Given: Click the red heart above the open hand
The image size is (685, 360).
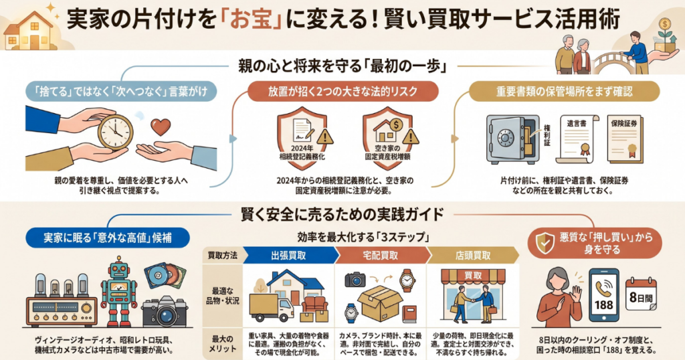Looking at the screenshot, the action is pos(161,126).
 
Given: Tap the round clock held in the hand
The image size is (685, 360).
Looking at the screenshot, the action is pos(115,132).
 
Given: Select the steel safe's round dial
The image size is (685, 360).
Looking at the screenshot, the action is pos(506,139).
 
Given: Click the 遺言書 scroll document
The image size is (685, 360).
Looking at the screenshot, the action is pos(577,139).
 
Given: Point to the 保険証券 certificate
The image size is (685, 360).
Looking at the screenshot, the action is pos(625,139).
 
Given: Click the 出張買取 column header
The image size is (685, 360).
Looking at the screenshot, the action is pos(289,256).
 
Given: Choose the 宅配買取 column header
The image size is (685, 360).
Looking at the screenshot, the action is pos(381,256).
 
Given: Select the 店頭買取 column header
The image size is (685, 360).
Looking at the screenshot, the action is pos(473,256).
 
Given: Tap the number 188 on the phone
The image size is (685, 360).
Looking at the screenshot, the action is pos(604,304).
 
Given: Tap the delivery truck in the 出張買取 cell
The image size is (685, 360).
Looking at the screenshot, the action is pos(272,308).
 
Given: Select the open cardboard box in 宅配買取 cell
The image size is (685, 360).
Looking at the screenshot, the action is pos(379,303).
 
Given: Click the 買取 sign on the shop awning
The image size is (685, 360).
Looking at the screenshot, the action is pos(473,276).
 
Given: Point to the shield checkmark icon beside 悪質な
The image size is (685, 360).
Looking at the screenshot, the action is pos(545,243).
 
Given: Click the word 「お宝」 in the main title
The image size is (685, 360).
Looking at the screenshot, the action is pos(252,21).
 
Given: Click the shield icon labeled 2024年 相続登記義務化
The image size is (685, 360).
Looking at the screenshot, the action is pos(302,135).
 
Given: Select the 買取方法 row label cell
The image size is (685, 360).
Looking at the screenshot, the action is pos(223,256).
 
